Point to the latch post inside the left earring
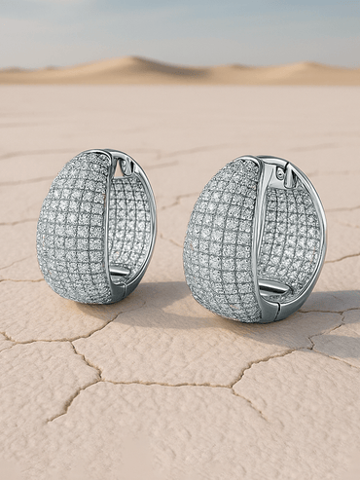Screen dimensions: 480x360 pyautogui.click(x=120, y=272)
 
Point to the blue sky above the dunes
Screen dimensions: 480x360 pyautogui.click(x=180, y=24)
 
